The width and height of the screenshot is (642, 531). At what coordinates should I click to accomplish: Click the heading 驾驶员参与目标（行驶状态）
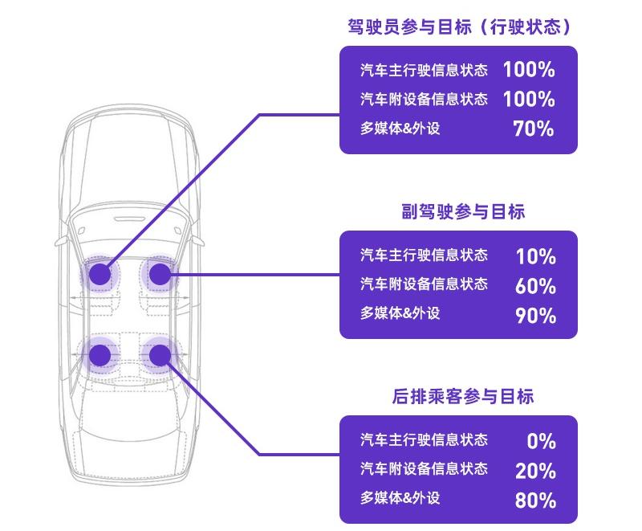pos(458,27)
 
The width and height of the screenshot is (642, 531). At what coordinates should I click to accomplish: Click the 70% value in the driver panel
pos(534,129)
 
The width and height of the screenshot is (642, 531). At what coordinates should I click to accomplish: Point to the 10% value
pos(535,257)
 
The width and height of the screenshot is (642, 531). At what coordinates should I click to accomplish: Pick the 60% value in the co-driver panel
pos(535,286)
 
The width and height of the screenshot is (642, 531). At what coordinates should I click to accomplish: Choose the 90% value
pos(535,315)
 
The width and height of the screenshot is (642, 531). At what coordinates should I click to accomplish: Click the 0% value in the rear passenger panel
pos(542,441)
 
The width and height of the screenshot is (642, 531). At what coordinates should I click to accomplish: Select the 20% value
pos(535,471)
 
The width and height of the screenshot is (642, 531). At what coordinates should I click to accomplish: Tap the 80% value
pos(535,500)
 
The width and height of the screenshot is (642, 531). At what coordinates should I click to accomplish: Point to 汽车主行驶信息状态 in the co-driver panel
pos(424,255)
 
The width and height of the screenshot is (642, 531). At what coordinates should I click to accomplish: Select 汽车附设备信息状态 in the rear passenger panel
pos(424,469)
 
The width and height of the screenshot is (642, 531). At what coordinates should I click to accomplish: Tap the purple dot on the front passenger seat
pos(160,275)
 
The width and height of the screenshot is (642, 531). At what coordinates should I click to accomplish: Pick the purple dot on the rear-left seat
pos(100,354)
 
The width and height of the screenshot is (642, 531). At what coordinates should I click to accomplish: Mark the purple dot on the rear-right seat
pos(160,354)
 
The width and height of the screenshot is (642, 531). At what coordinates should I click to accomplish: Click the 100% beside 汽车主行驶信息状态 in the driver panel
pos(529,69)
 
